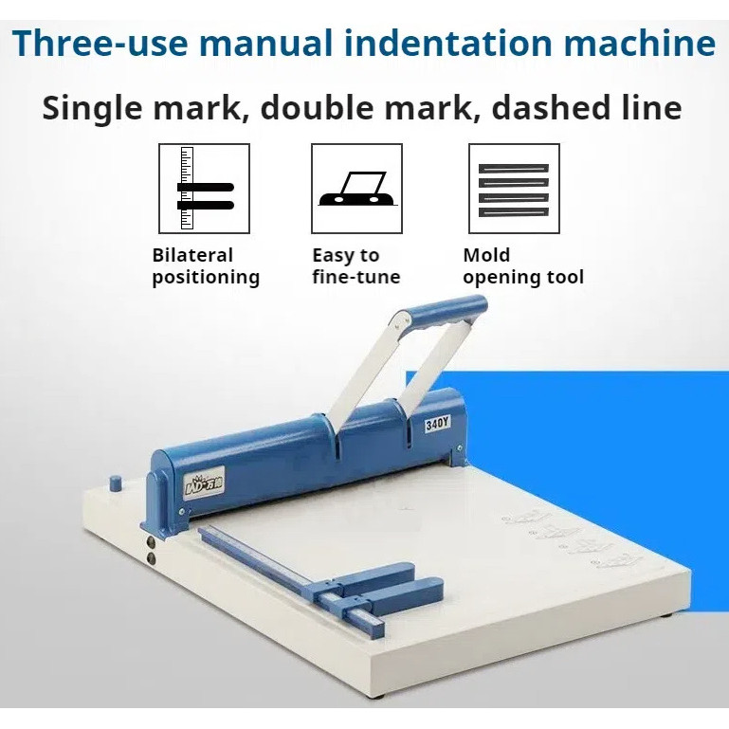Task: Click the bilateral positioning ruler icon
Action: (x=204, y=189)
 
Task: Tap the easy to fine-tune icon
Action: (x=356, y=189)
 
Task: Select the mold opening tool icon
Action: (x=514, y=189)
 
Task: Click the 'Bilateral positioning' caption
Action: (x=205, y=266)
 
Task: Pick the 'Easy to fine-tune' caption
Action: (x=355, y=266)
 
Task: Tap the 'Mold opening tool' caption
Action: (x=522, y=266)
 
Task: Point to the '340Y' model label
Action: (x=437, y=424)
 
